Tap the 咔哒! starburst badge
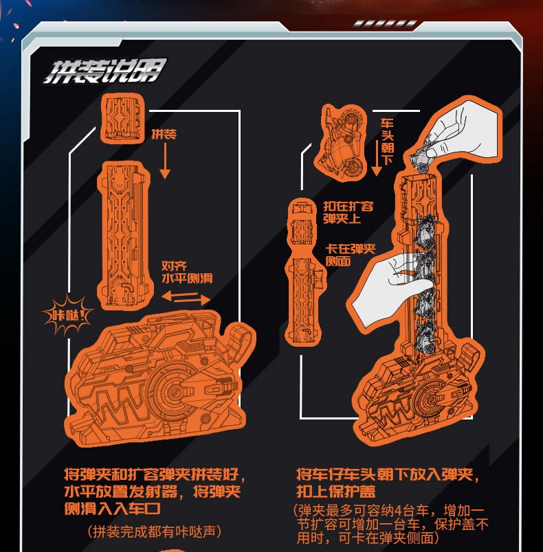(67, 317)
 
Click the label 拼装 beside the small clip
(164, 135)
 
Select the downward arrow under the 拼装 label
(164, 162)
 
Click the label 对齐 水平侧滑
(187, 272)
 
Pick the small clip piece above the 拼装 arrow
(122, 118)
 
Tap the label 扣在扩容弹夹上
(348, 212)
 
